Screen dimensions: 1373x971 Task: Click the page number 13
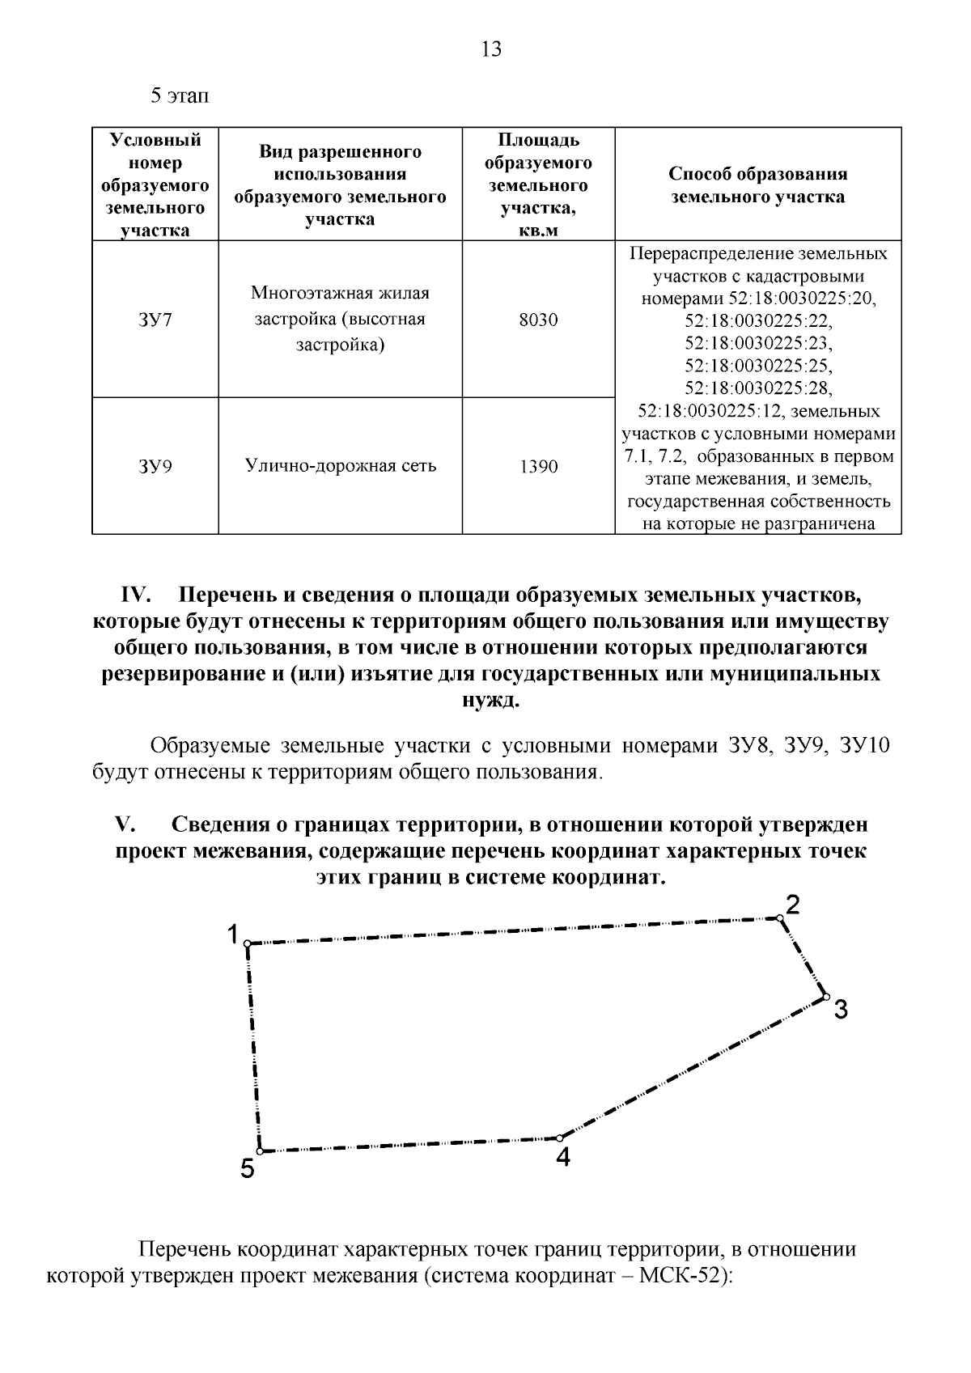click(491, 50)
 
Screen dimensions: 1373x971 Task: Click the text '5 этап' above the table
click(180, 96)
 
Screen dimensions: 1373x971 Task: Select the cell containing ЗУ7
click(155, 320)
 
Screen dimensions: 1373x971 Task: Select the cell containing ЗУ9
click(155, 466)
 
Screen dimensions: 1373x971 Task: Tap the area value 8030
click(538, 320)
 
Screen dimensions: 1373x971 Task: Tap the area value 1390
click(538, 467)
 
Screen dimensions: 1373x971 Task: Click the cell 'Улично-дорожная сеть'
click(341, 466)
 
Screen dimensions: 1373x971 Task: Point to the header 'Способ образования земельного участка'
click(758, 185)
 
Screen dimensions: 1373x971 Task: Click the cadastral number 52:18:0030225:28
click(758, 387)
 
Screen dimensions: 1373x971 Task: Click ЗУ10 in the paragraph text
click(865, 745)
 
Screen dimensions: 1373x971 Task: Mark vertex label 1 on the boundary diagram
click(232, 935)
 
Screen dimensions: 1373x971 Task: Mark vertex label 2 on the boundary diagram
click(793, 905)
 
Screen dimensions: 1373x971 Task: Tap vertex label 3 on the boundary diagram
click(841, 1010)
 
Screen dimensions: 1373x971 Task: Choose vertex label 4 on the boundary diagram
click(563, 1158)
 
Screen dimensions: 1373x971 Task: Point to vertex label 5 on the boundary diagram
click(247, 1168)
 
